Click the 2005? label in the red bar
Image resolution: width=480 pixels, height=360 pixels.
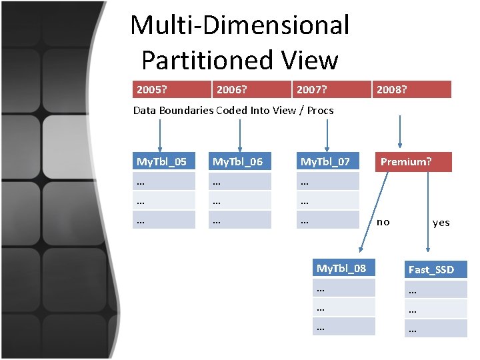click(x=150, y=89)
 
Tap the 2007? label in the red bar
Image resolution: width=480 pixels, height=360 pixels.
click(x=311, y=89)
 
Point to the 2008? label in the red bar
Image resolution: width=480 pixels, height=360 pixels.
click(x=391, y=89)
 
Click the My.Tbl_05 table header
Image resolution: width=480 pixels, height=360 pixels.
click(x=161, y=162)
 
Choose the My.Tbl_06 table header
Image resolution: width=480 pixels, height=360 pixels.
click(x=237, y=162)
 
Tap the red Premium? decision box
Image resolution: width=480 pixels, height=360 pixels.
click(x=413, y=162)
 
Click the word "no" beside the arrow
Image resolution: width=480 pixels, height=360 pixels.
click(x=383, y=222)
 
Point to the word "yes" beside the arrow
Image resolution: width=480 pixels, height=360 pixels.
click(x=441, y=223)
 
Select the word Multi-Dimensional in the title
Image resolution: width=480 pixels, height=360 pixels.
click(x=240, y=25)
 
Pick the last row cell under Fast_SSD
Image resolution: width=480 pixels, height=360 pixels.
click(x=435, y=329)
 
